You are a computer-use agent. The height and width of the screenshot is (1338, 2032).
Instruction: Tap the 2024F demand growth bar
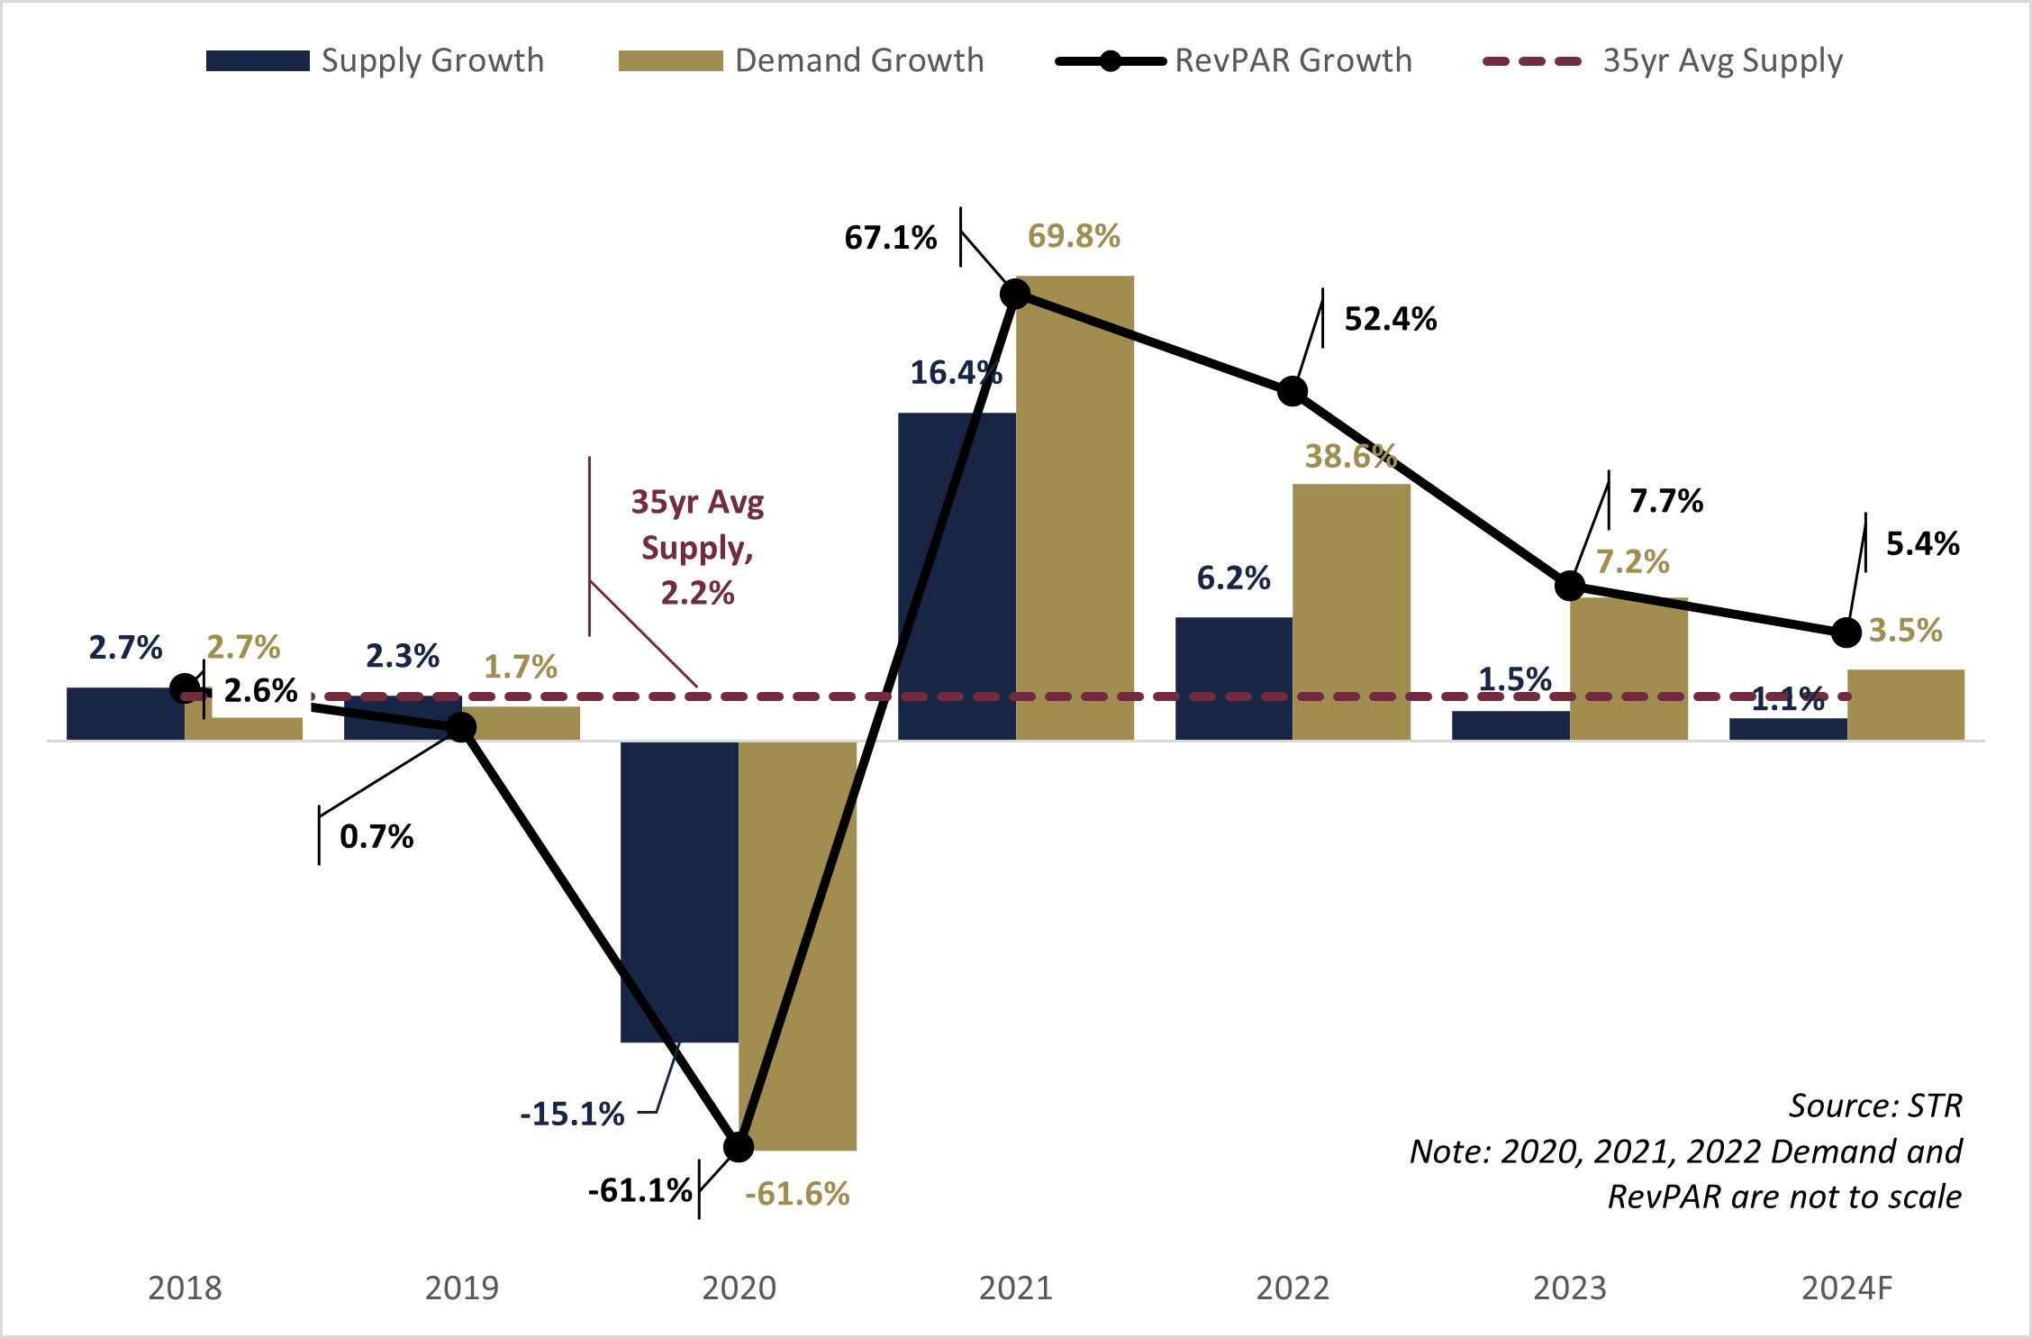tap(1905, 705)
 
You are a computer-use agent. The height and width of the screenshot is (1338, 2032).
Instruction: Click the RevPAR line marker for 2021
tap(1015, 294)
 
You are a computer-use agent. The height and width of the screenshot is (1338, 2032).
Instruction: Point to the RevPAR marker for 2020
tap(739, 1147)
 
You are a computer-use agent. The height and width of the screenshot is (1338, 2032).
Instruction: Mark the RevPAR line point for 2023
tap(1570, 586)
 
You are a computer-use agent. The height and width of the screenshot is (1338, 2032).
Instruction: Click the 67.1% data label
tap(890, 238)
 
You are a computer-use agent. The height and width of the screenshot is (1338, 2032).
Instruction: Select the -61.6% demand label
tap(797, 1194)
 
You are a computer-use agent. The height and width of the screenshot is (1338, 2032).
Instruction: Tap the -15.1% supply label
tap(572, 1115)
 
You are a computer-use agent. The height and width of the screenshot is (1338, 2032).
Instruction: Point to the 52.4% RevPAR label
tap(1390, 319)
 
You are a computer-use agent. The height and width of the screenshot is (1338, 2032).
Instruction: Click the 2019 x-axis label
tap(461, 1288)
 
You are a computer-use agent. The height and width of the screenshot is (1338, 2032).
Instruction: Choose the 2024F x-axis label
tap(1846, 1288)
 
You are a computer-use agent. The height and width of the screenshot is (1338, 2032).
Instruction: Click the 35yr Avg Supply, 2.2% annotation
tap(697, 547)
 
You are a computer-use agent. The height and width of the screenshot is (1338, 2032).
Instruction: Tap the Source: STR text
tap(1874, 1106)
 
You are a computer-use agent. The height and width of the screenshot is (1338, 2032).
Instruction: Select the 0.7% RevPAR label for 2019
tap(376, 837)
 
